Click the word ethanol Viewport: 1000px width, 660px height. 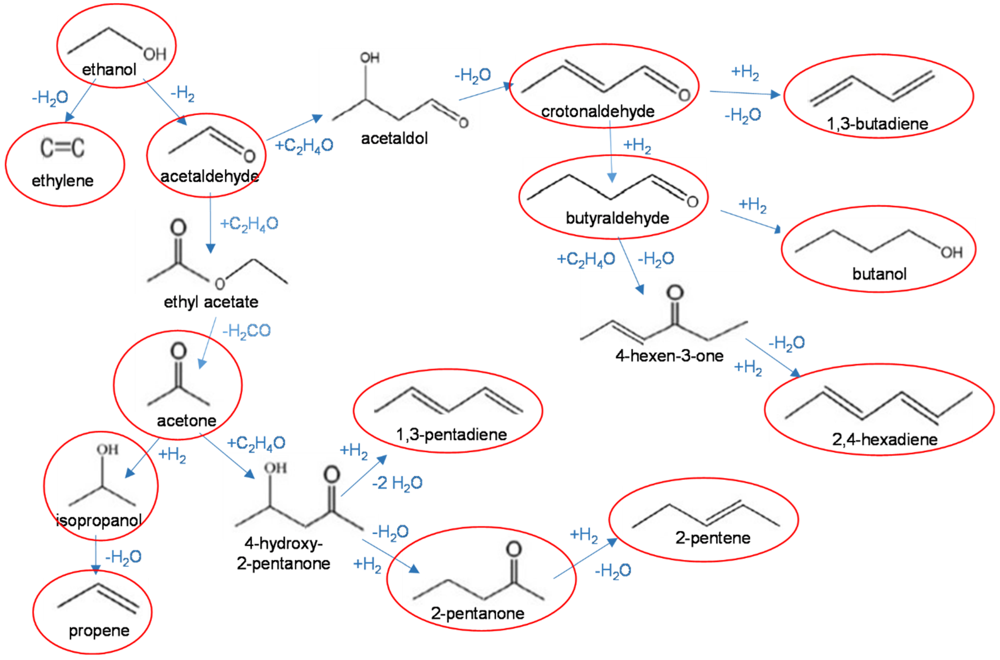[x=109, y=70]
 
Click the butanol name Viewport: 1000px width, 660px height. [x=879, y=274]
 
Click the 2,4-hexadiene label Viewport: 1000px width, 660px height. [x=885, y=440]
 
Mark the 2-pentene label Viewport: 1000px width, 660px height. [x=713, y=538]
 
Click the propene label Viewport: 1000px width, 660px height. [x=99, y=630]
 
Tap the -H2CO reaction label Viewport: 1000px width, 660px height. [x=246, y=331]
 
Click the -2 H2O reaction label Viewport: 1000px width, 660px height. [x=397, y=483]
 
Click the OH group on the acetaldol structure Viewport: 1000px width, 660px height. [x=369, y=58]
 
